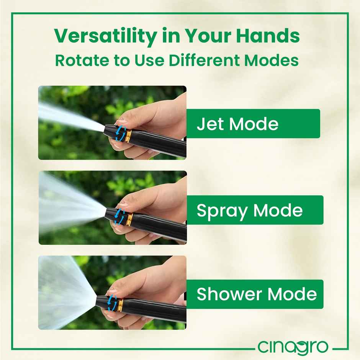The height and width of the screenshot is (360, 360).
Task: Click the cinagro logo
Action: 293,347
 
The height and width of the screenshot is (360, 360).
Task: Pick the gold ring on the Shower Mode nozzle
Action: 120,305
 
